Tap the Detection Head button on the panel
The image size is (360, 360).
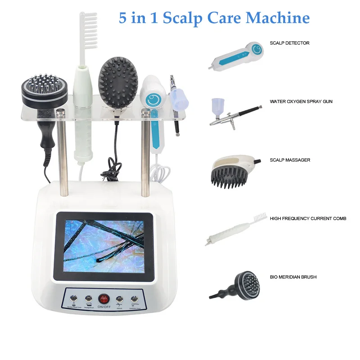click(134, 298)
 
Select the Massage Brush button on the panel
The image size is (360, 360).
click(88, 298)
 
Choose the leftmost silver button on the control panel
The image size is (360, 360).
click(73, 298)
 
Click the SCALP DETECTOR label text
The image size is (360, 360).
click(289, 43)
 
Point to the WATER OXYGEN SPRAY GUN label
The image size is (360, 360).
click(301, 102)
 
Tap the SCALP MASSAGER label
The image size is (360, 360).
click(290, 160)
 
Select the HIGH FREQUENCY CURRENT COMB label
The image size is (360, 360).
click(308, 219)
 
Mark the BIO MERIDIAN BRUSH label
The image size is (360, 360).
click(293, 277)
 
